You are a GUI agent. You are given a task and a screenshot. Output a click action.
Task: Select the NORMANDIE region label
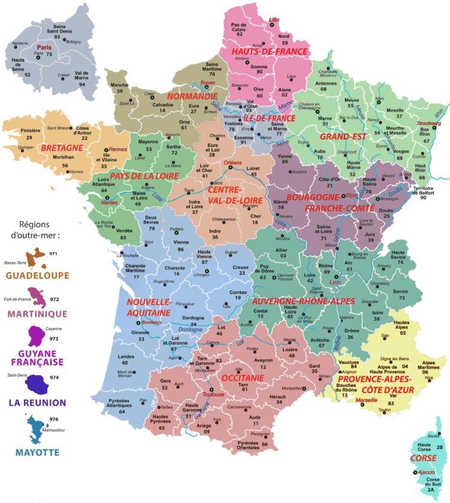(x=192, y=96)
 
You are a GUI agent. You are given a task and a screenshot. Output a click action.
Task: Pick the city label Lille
(x=275, y=20)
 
